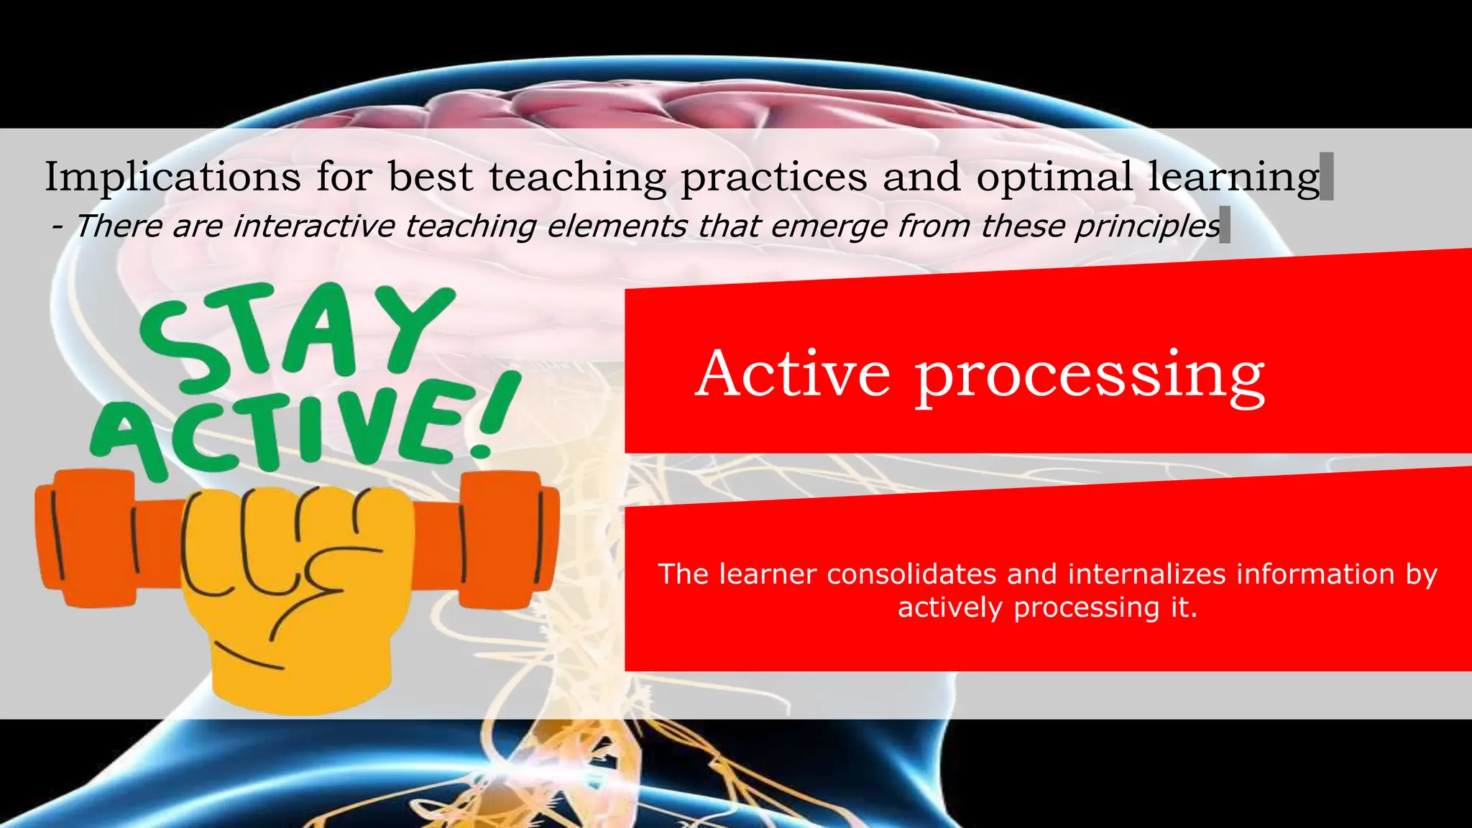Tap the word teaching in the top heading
pos(578,177)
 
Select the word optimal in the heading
pos(1054,177)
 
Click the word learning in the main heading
pos(1233,177)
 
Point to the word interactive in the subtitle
pos(314,226)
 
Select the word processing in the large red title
pos(1089,375)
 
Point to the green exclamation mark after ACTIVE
pos(496,417)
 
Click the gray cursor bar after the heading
pos(1327,177)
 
